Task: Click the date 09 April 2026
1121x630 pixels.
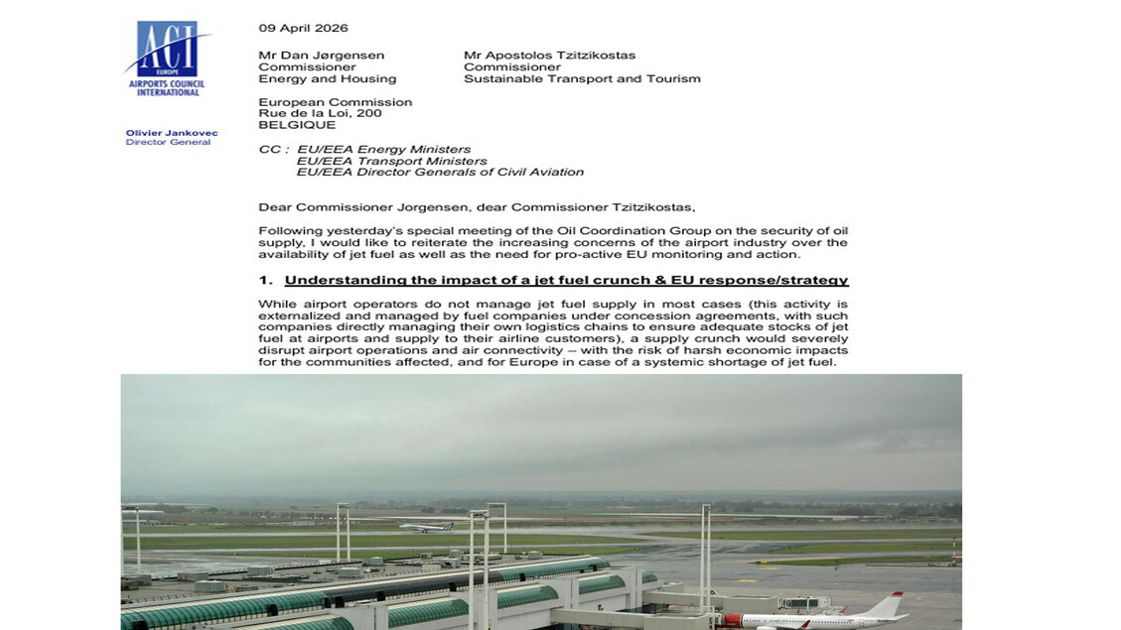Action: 303,28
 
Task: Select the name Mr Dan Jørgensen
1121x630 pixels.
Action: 321,56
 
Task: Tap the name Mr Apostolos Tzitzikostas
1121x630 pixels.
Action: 549,56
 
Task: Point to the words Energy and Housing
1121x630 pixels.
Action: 327,79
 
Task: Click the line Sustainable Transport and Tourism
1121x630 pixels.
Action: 582,79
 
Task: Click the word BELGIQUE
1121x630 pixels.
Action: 297,125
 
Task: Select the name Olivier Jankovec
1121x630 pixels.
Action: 171,133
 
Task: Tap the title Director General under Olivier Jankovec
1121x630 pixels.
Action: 168,143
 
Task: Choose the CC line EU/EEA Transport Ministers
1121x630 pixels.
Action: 391,161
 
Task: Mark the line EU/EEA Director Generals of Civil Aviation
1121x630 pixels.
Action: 440,172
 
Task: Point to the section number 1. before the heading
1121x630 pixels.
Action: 265,281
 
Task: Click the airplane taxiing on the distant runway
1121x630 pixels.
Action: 426,527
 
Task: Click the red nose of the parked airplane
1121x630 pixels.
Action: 731,620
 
